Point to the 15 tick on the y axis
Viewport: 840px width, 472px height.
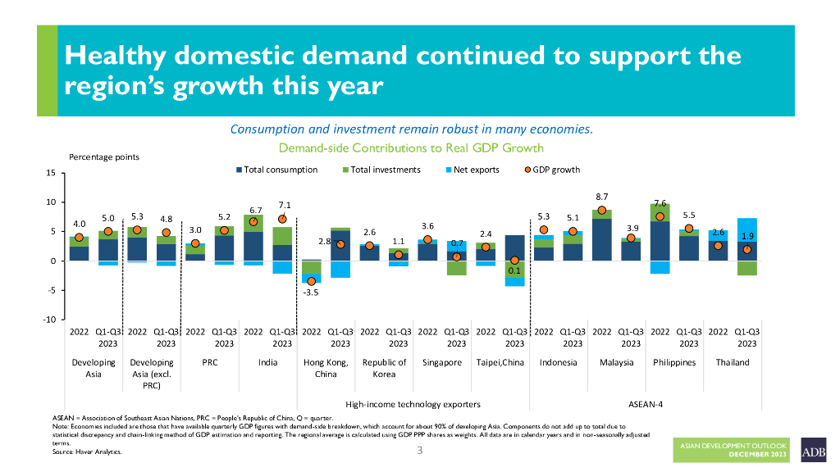(50, 173)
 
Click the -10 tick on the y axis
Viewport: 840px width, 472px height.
(48, 320)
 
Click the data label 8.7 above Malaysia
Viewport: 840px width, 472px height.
(601, 197)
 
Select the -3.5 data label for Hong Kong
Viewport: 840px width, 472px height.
(311, 293)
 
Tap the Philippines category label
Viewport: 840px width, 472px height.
(674, 362)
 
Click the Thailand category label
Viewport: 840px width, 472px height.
(732, 362)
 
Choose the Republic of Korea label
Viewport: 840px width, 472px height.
(384, 368)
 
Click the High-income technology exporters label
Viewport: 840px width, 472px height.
(413, 404)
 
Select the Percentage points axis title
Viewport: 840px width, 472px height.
(103, 157)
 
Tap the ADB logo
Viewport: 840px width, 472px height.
(814, 450)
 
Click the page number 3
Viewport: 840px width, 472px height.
(418, 450)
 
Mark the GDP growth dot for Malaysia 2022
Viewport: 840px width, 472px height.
(602, 211)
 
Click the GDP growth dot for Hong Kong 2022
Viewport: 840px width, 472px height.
(312, 281)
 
